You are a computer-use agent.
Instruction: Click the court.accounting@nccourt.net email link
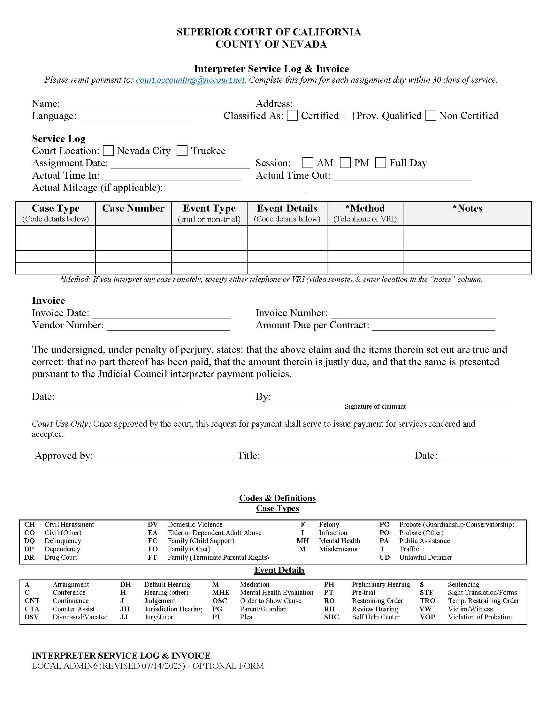click(x=190, y=80)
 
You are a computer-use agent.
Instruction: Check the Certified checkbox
click(x=292, y=116)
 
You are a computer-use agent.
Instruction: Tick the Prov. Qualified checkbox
click(x=349, y=116)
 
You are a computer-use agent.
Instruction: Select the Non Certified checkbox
click(x=431, y=116)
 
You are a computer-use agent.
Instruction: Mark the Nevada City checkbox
click(x=108, y=150)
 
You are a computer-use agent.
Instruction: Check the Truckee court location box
click(x=182, y=150)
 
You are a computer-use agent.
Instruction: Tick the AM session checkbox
click(x=308, y=163)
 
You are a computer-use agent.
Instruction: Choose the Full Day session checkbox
click(x=380, y=163)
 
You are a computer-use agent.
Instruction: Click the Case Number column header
click(x=133, y=208)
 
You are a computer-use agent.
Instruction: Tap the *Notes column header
click(x=467, y=208)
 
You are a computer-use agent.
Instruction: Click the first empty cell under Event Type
click(x=209, y=232)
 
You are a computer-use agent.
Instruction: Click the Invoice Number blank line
click(x=413, y=314)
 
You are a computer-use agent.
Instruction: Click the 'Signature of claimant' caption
click(x=375, y=406)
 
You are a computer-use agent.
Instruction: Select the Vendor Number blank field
click(x=168, y=326)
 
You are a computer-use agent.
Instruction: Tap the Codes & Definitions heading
click(x=277, y=498)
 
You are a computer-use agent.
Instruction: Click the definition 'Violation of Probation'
click(x=480, y=617)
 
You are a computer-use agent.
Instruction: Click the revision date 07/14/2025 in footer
click(x=163, y=666)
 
